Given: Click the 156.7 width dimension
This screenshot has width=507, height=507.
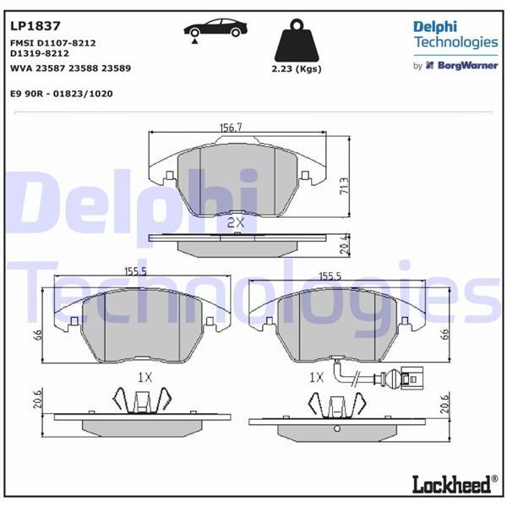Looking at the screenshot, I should click(x=231, y=128).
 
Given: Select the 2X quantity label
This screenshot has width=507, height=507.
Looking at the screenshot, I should click(x=236, y=222).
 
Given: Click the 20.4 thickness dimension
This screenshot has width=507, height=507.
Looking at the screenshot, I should click(x=343, y=244).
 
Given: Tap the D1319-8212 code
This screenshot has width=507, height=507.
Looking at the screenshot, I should click(x=40, y=53).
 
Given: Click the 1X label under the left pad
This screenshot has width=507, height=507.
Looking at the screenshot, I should click(x=144, y=375).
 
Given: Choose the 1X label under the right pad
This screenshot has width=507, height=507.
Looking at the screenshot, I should click(x=317, y=375).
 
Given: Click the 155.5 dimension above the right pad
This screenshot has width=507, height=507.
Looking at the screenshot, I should click(x=330, y=276).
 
